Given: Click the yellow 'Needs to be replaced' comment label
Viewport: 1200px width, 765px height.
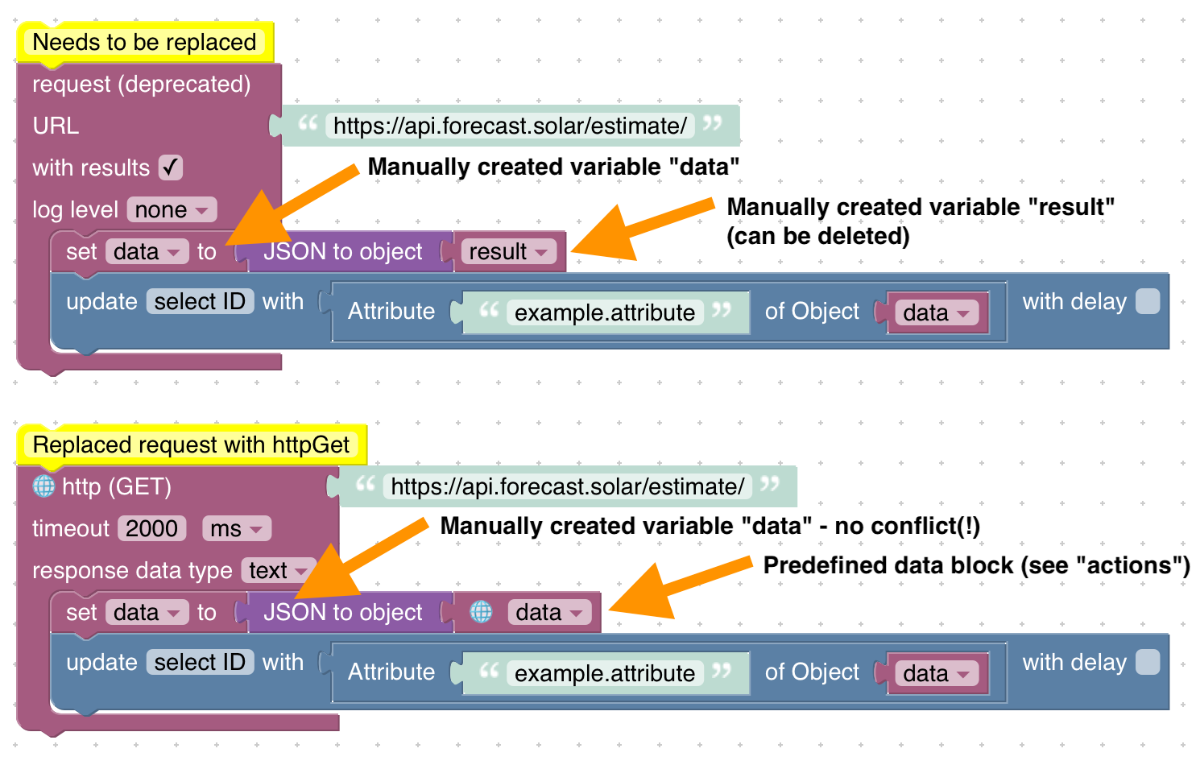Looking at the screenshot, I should (144, 43).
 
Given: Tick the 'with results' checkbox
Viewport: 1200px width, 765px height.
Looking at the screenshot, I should (171, 167).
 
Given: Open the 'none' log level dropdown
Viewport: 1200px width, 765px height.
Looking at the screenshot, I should (172, 210).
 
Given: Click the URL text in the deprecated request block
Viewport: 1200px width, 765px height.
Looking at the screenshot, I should (510, 126).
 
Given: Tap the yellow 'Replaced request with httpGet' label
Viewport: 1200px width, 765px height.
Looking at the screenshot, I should (191, 445).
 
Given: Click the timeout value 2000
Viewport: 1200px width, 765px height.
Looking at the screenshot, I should (151, 529).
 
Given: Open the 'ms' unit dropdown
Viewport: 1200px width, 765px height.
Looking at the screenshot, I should (236, 529).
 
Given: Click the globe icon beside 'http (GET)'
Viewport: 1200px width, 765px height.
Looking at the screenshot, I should (43, 486).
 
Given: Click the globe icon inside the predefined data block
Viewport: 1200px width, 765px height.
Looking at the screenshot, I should (482, 613).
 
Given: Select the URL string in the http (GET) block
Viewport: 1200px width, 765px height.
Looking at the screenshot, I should (567, 487).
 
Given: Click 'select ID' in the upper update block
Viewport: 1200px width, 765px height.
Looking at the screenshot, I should (200, 302).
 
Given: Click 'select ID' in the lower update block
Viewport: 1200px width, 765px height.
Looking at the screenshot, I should (200, 663).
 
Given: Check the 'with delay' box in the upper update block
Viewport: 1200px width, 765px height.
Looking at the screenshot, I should (1148, 302).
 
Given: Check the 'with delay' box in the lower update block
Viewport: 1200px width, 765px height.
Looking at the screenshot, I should (1148, 663).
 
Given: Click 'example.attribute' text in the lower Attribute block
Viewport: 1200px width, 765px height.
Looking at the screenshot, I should (605, 673).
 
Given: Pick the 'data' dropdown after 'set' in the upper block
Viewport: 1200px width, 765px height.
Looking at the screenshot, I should (147, 252).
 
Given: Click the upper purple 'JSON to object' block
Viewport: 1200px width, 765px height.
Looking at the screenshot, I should (343, 252).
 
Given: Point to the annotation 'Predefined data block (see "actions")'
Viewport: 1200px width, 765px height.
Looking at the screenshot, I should (976, 565).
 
